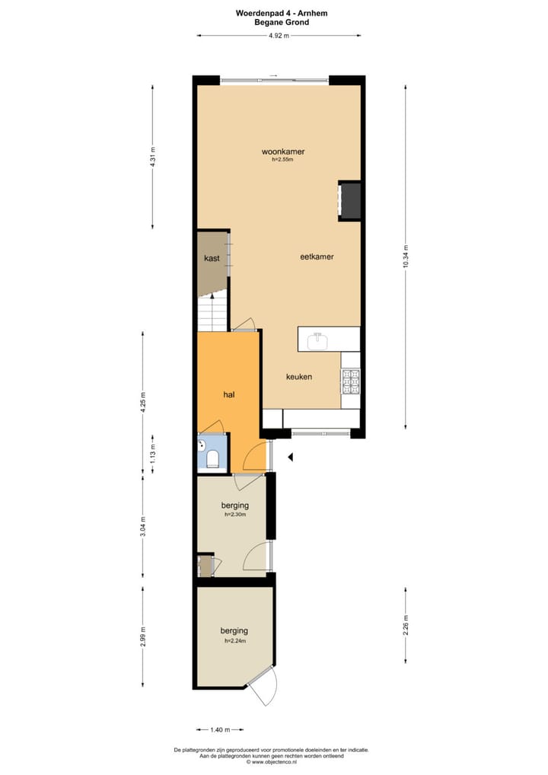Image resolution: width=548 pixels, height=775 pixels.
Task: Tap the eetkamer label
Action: [x=317, y=257]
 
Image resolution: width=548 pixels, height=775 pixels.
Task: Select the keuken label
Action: [x=299, y=377]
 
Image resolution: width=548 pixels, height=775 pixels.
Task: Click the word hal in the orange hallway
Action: [x=228, y=394]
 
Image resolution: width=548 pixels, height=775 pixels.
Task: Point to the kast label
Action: [x=212, y=259]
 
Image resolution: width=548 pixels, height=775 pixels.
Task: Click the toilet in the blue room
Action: [x=212, y=458]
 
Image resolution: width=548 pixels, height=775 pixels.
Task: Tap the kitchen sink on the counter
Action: [x=318, y=341]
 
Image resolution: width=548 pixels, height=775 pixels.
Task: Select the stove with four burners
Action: [x=350, y=381]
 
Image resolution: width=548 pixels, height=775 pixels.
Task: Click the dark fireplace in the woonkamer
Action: [x=350, y=201]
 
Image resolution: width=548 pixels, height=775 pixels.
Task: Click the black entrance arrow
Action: [x=289, y=457]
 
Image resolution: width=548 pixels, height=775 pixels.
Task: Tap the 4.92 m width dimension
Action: [x=279, y=35]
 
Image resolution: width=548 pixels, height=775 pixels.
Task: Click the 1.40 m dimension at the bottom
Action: [x=220, y=729]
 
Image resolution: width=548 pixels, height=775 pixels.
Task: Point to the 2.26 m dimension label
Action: [x=406, y=624]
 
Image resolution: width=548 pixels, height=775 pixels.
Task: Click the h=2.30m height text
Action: [x=235, y=515]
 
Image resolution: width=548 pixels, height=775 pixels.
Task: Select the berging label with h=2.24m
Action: [x=234, y=630]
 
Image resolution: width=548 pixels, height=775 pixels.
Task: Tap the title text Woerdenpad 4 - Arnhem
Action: [x=276, y=13]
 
